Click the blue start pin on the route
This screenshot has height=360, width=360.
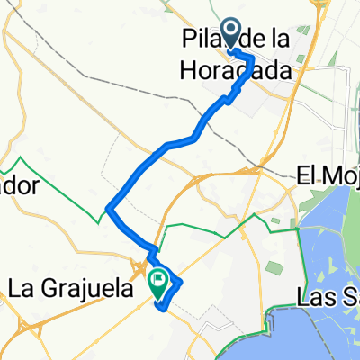[230, 34]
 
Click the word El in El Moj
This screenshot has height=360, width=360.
[309, 177]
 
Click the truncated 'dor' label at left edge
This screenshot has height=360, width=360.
[20, 186]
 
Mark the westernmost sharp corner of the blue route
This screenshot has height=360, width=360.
[108, 210]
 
